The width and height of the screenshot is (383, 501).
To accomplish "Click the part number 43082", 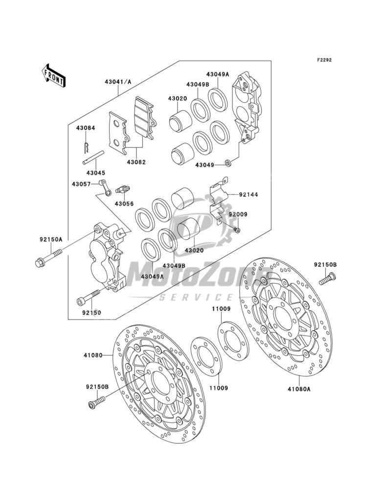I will coord(137,162).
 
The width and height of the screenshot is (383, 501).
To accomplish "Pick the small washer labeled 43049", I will coord(228,162).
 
